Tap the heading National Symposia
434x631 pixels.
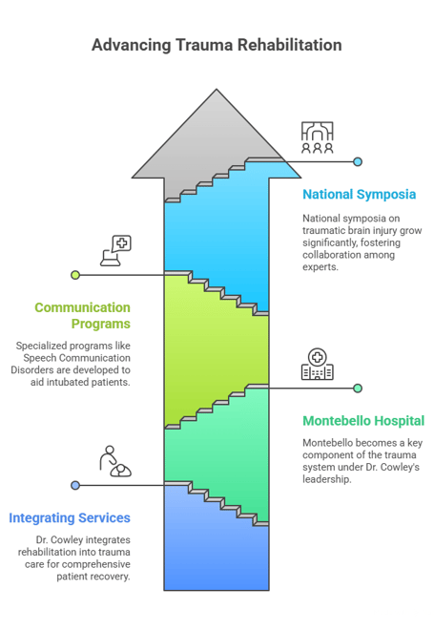(360, 195)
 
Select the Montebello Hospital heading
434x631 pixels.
(363, 421)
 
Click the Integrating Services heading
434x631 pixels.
(70, 518)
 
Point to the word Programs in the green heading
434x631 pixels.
(101, 324)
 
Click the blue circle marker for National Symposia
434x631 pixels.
(358, 161)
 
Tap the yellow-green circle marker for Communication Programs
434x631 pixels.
(75, 275)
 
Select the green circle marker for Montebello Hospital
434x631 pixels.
(358, 389)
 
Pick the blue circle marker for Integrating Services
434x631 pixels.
(75, 485)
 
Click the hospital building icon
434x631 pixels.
(318, 365)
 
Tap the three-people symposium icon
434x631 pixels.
(318, 137)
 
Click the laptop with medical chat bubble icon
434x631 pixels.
(115, 251)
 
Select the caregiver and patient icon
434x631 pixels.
(115, 461)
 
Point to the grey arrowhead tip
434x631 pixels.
(217, 90)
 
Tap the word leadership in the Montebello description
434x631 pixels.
(325, 479)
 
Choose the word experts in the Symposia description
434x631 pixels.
(319, 267)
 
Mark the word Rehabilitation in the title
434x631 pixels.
(290, 45)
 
